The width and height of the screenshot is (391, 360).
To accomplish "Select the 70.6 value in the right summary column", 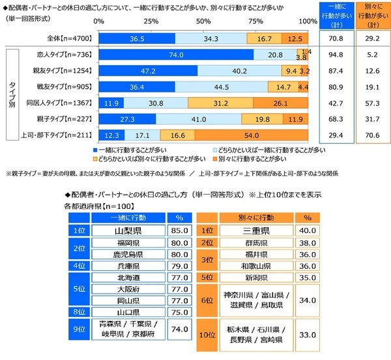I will pyautogui.click(x=371, y=135).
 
